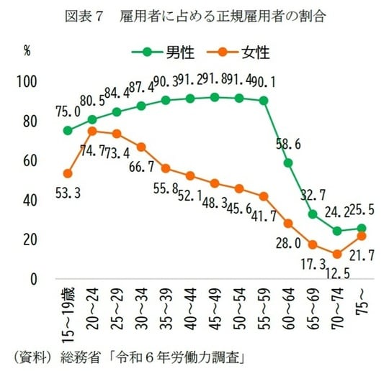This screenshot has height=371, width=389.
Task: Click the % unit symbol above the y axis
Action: [x=27, y=51]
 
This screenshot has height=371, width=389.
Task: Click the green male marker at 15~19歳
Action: [x=68, y=131]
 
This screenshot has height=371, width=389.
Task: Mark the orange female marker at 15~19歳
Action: [x=68, y=173]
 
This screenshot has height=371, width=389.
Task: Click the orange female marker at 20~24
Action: [x=92, y=131]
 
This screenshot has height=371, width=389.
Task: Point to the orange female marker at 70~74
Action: [x=337, y=254]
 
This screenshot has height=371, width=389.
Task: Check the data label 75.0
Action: [x=68, y=111]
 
